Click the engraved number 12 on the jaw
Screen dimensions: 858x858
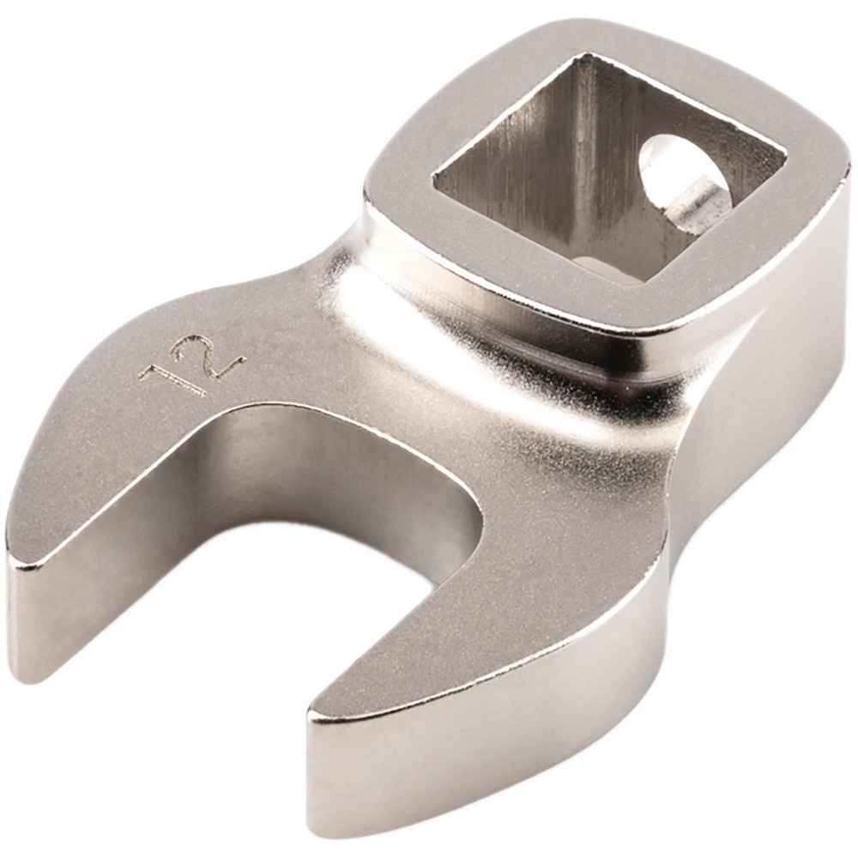point(191,366)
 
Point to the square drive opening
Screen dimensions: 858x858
point(601,172)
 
